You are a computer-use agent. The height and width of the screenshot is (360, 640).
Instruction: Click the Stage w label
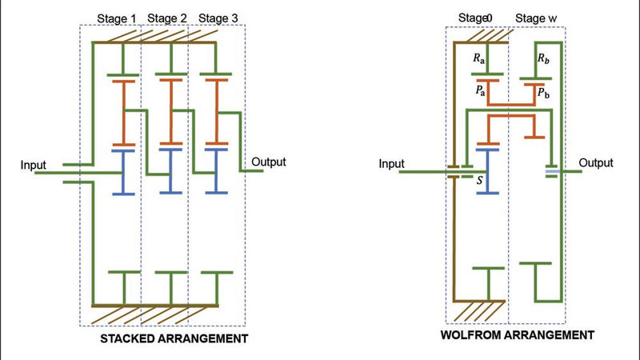(536, 16)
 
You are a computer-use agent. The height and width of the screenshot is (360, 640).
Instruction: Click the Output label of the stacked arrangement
(269, 162)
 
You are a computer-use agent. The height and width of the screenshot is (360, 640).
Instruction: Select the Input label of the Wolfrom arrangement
(391, 164)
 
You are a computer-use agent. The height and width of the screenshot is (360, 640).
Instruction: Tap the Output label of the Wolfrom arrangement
(596, 163)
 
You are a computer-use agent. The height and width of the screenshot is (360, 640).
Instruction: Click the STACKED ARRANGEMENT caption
(174, 339)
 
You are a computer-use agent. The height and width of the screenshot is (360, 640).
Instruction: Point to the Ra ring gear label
(480, 58)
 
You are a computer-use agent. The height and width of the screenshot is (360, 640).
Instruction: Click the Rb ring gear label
(543, 58)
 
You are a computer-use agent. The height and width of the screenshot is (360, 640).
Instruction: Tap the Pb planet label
(542, 93)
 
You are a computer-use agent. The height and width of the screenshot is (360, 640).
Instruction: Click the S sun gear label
(479, 181)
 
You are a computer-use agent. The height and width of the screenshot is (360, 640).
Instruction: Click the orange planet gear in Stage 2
(170, 112)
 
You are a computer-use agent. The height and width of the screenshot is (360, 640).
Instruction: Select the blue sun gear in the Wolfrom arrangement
(488, 169)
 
